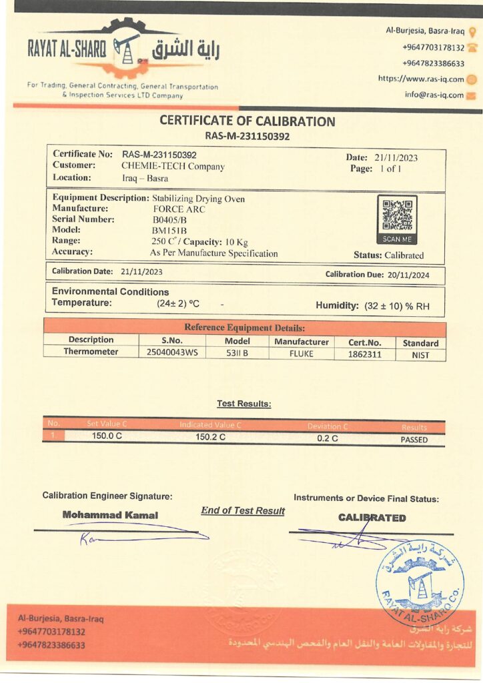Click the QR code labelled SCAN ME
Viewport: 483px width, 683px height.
397,215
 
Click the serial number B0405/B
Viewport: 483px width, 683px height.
169,219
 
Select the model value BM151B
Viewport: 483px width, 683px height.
169,231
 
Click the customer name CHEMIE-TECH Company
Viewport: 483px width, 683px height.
173,166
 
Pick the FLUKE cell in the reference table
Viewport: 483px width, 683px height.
302,354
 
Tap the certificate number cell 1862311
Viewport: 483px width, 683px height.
365,354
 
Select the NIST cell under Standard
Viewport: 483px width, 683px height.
420,355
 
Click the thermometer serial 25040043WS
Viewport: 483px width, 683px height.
172,354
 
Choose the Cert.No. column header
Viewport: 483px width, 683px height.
365,342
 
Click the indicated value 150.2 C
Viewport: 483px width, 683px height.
210,437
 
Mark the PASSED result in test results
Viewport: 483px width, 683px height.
414,440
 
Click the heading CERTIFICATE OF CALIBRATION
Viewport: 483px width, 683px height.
247,121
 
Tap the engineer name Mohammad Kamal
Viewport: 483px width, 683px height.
110,515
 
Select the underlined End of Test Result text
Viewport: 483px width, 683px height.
243,510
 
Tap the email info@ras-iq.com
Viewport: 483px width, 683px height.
434,95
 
